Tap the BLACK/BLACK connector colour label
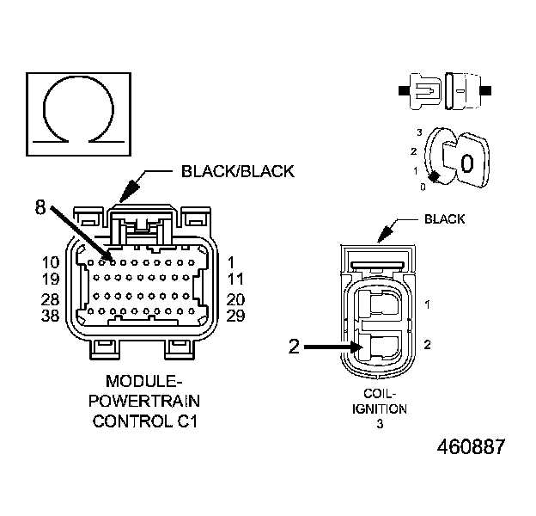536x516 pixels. [x=238, y=171]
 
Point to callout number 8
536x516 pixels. [x=40, y=206]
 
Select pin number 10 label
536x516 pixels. [x=50, y=261]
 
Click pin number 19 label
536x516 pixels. [x=50, y=278]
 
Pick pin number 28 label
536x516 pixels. [x=50, y=299]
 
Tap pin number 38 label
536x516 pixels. [x=50, y=316]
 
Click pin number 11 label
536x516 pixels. [x=235, y=278]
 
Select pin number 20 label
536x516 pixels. [x=235, y=299]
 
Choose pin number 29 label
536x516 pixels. [x=235, y=316]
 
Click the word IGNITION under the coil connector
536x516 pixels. [x=379, y=408]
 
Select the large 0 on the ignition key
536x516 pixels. [x=466, y=163]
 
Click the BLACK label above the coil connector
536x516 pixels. [x=444, y=219]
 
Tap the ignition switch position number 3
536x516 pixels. [x=418, y=132]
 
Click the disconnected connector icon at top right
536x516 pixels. [x=444, y=89]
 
